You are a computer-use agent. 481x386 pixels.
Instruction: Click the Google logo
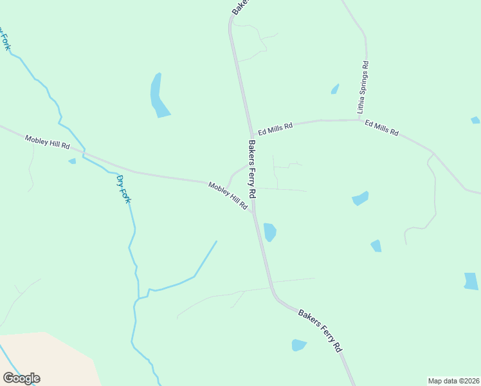pos(21,378)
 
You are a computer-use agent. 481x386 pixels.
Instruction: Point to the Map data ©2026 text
pos(453,381)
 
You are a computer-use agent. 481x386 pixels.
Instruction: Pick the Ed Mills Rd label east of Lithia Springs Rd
pos(382,127)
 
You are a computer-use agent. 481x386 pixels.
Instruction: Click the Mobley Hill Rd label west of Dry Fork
pos(47,142)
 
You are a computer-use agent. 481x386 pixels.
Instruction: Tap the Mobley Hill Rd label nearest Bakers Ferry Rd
pos(228,196)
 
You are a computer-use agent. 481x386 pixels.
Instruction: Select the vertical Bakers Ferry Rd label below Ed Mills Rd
pos(252,169)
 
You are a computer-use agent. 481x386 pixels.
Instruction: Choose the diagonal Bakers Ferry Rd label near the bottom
pos(320,330)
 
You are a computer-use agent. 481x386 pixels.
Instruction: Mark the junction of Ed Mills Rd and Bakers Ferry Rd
pos(249,131)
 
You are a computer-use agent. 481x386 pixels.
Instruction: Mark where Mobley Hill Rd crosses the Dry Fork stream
pos(84,153)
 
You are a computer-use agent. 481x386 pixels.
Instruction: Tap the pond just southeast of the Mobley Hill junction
pos(269,232)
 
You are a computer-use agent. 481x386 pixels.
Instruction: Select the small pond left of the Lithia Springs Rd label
pos(335,89)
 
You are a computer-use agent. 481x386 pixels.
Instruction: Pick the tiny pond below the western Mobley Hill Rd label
pos(72,161)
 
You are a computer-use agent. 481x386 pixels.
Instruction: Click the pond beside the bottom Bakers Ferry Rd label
pos(298,345)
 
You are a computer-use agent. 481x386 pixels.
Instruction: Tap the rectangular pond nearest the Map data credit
pos(471,281)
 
